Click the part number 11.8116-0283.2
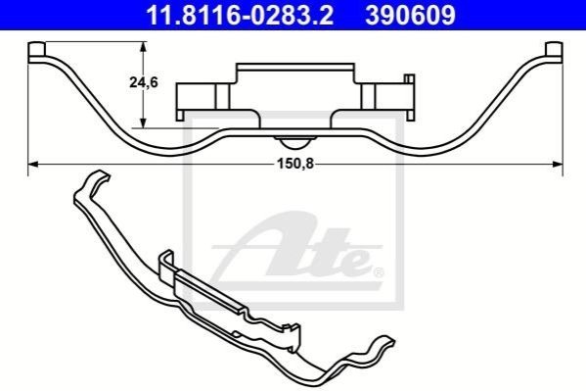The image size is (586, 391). [x=240, y=15]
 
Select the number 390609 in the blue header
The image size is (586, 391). [x=410, y=15]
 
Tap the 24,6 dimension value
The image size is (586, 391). [x=144, y=82]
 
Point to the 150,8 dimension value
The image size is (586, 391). [x=295, y=164]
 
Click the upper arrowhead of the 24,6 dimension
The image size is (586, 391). [x=143, y=47]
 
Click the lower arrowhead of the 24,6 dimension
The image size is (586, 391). [x=143, y=122]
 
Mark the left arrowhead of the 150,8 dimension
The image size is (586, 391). [x=33, y=164]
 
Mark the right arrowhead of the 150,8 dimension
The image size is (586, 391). [x=558, y=164]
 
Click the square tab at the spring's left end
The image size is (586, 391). [x=36, y=49]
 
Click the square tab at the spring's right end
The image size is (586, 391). [x=554, y=49]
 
